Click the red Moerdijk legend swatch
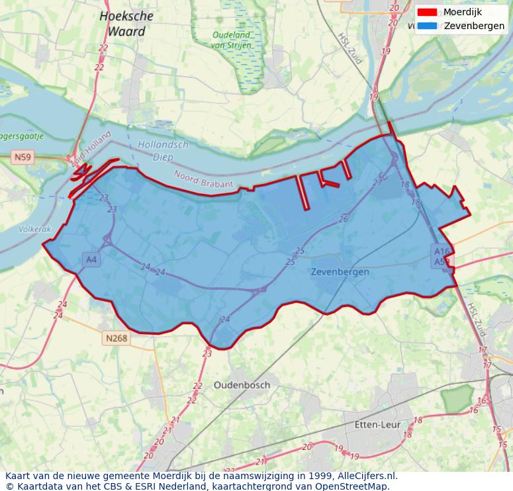[x=427, y=12]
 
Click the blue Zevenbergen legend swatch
[x=427, y=26]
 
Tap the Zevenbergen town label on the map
[x=340, y=272]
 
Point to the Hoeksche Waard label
[x=126, y=23]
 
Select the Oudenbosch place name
[x=242, y=385]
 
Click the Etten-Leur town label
[x=377, y=424]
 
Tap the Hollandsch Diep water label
[x=163, y=151]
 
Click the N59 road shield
[x=23, y=157]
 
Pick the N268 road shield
[x=116, y=338]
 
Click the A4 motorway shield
[x=91, y=260]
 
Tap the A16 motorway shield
[x=442, y=251]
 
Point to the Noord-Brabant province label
[x=203, y=179]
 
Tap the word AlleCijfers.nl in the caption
[x=367, y=475]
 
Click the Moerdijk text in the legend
[x=463, y=12]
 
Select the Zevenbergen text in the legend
[x=474, y=26]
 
